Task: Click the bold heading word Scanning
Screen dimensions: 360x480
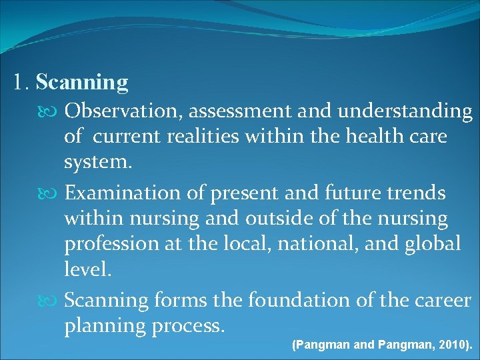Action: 82,83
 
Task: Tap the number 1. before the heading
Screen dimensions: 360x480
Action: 21,83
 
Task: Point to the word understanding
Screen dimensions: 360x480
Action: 405,111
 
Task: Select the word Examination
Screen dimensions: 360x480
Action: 123,193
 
